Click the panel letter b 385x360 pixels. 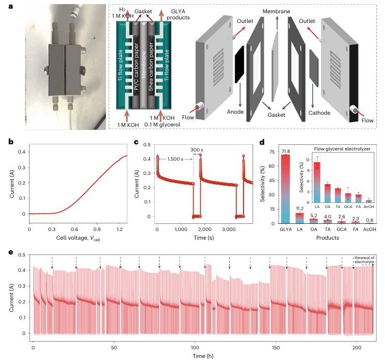[x=11, y=141]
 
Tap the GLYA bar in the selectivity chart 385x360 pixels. [x=285, y=189]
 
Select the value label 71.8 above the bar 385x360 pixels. [x=285, y=151]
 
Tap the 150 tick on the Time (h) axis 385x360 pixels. [x=276, y=347]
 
